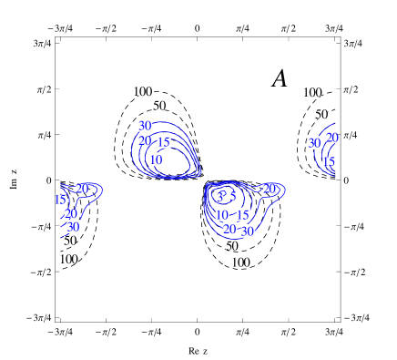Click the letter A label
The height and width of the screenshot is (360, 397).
pos(280,78)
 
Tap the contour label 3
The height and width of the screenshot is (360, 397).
pos(219,197)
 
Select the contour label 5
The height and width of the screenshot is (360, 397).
pos(233,196)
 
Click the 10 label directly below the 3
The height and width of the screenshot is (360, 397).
pos(221,215)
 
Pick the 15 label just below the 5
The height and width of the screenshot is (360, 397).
pos(243,215)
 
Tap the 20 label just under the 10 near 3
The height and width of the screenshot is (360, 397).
pos(229,229)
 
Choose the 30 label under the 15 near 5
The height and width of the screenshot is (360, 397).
pos(247,231)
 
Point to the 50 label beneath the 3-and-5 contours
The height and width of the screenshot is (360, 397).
pos(231,246)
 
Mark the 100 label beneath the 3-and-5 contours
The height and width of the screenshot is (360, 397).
pos(239,262)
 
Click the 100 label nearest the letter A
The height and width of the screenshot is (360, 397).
pos(312,93)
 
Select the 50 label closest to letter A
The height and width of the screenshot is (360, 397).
pos(321,115)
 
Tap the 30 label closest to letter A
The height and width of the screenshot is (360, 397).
pos(314,143)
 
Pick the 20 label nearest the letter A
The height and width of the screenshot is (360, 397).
pos(331,138)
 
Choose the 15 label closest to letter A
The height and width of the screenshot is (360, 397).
pos(329,162)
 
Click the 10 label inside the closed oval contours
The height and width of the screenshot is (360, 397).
pos(156,160)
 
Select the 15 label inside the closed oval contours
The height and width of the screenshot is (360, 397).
pos(164,141)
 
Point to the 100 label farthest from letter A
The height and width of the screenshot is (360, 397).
pos(68,259)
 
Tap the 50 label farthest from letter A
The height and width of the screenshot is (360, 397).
pos(69,241)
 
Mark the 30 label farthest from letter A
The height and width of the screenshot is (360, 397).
pos(73,227)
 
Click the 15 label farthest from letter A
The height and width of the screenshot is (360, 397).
pos(60,200)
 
